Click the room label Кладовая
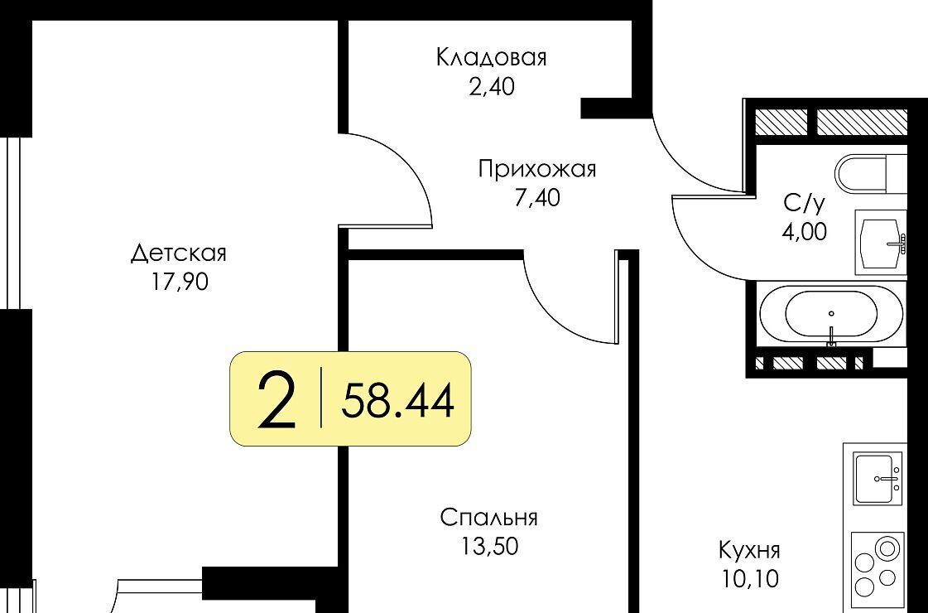pos(491,58)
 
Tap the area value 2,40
pos(491,86)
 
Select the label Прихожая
pos(537,169)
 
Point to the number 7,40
pos(536,198)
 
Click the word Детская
pos(179,253)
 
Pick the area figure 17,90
pos(180,282)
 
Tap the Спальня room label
pos(489,517)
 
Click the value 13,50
pos(489,545)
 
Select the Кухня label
pos(749,550)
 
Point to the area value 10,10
pos(750,579)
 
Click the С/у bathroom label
pos(804,204)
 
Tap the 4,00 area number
pos(804,232)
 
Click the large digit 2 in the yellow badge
pos(276,398)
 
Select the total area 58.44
pos(397,400)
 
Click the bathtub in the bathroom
pos(831,314)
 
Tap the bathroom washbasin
pos(882,242)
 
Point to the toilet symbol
pos(871,173)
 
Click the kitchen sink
pos(878,478)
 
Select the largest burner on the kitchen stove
pos(887,548)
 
